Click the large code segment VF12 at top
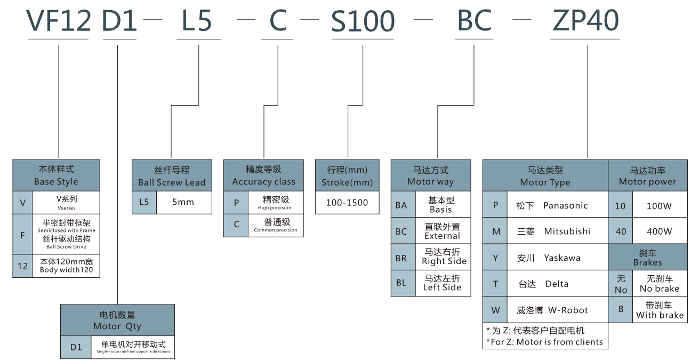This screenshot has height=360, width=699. click(59, 21)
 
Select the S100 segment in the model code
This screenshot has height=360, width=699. click(363, 21)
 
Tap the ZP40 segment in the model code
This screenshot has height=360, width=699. click(585, 21)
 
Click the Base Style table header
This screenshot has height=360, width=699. click(56, 175)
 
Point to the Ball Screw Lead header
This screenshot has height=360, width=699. click(172, 176)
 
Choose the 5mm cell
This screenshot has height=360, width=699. click(183, 202)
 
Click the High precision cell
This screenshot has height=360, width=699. click(275, 203)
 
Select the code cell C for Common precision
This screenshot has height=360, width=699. click(236, 225)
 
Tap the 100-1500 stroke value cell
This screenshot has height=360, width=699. click(347, 203)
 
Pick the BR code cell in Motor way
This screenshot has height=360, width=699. click(403, 258)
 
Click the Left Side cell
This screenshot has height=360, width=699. click(442, 283)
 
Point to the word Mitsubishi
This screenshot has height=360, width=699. click(567, 231)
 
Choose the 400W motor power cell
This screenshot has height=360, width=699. click(660, 231)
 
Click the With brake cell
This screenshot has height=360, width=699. click(660, 310)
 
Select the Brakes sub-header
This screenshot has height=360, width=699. click(647, 257)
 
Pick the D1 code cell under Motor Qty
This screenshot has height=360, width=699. click(76, 347)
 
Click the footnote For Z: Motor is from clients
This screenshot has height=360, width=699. click(544, 342)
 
